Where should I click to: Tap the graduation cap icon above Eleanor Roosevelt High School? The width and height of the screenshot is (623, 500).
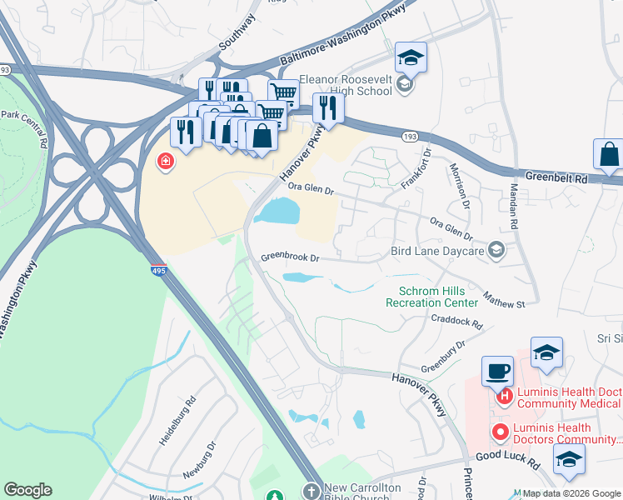[x=411, y=57]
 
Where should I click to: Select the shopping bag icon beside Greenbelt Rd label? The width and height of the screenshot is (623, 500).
[x=609, y=154]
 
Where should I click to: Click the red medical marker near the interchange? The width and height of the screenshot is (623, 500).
[x=167, y=161]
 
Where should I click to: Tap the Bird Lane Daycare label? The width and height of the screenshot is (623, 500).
[x=437, y=250]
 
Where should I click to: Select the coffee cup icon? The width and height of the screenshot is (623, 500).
[x=497, y=371]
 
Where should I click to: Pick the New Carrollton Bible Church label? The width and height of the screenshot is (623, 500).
[x=362, y=492]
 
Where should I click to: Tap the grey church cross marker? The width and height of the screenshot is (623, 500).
[x=312, y=492]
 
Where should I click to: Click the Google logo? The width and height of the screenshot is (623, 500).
[x=27, y=490]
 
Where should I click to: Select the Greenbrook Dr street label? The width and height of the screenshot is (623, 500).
[x=290, y=257]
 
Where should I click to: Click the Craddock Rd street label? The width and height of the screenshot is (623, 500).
[x=456, y=321]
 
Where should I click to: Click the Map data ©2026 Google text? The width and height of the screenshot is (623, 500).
[x=571, y=493]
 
